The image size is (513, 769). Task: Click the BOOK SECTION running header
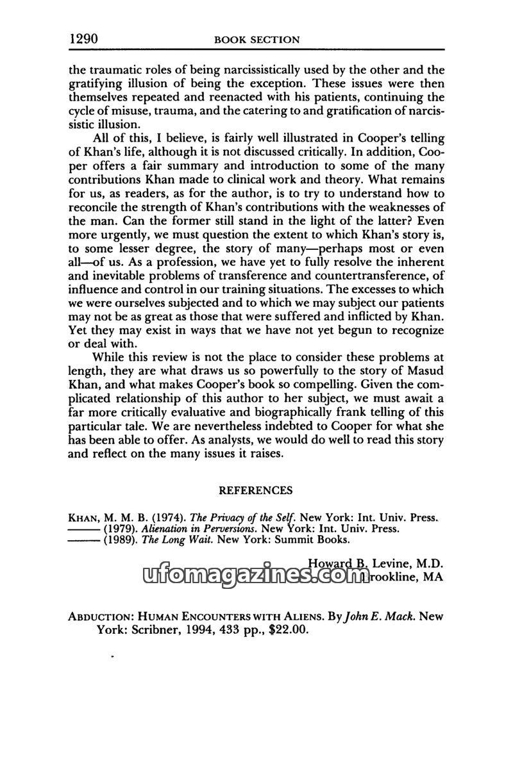pyautogui.click(x=256, y=40)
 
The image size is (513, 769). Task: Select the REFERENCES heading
pyautogui.click(x=256, y=490)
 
